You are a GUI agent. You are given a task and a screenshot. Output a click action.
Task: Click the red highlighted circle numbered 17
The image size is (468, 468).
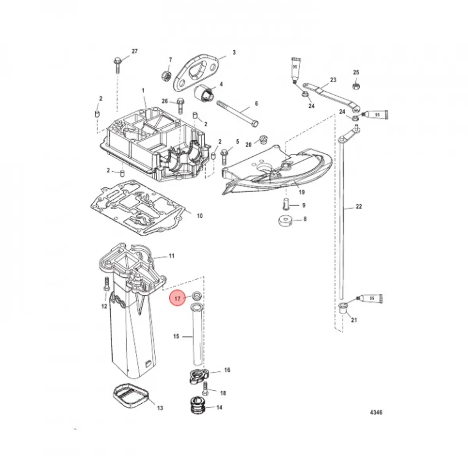pyautogui.click(x=177, y=298)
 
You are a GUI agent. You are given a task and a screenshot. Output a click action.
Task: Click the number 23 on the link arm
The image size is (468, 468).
pyautogui.click(x=333, y=80)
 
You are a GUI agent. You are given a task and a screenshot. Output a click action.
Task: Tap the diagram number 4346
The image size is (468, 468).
pyautogui.click(x=376, y=412)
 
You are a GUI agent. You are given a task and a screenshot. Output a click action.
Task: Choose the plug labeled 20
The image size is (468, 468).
pyautogui.click(x=263, y=139)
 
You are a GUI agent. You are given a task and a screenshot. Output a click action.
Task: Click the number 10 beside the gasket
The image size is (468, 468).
pyautogui.click(x=199, y=216)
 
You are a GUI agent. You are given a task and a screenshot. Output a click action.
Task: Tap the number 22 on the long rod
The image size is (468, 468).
pyautogui.click(x=359, y=207)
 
